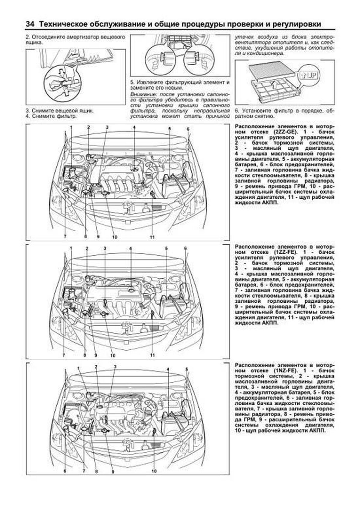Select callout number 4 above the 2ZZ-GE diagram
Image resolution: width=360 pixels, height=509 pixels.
(134, 127)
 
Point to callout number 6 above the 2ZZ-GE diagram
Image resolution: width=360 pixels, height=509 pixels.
(188, 129)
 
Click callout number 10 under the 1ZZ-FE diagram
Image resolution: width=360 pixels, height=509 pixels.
(113, 355)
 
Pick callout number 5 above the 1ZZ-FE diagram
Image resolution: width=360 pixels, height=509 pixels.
(166, 248)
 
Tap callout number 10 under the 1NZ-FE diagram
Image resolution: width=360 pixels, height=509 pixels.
(154, 471)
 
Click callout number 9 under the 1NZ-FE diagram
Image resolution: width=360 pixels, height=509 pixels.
(113, 472)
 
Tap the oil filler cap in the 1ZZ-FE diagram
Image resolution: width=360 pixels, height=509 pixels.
(131, 290)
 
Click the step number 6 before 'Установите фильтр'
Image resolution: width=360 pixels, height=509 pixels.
(236, 110)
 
